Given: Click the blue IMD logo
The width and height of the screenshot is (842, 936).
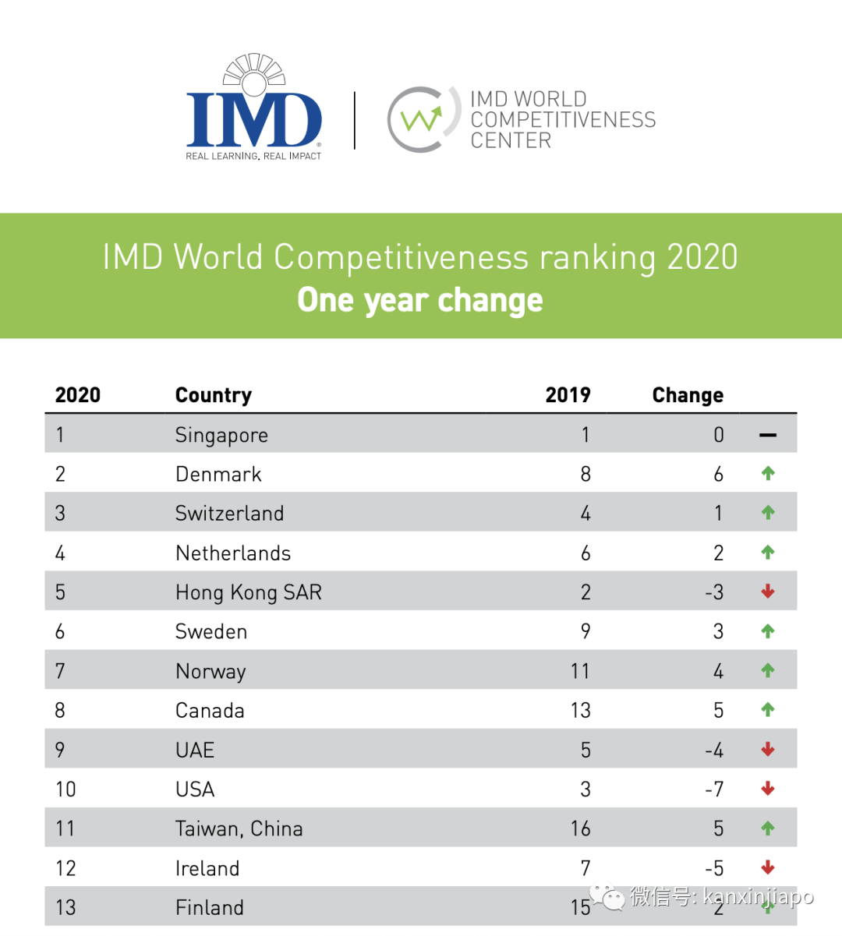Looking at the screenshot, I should point(254,109).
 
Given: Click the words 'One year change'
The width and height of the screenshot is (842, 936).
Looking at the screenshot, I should point(420,300).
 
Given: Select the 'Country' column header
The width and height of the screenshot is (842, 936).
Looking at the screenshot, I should point(214,395).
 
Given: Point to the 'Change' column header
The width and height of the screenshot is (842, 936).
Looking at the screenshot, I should point(688,395).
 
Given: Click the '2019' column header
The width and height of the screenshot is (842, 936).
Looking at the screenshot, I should point(568,395).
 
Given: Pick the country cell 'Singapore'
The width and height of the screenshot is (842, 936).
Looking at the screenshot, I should point(221,435).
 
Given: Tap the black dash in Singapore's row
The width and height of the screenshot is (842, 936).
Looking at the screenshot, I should point(768,435).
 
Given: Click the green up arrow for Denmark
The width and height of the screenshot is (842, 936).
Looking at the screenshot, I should point(768,473).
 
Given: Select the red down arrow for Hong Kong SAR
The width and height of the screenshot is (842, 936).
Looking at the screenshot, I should point(768,592).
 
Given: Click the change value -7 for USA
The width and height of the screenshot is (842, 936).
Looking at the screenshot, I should point(714,789).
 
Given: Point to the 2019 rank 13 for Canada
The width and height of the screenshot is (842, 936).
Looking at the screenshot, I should point(580,711).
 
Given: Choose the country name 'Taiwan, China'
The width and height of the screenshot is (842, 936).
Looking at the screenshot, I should point(239,828).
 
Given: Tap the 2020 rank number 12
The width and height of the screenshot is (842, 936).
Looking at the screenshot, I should point(65,868).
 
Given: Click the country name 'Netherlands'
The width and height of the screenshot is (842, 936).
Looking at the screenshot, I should point(233,553).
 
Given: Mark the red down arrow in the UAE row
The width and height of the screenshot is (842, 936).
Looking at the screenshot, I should point(768,750).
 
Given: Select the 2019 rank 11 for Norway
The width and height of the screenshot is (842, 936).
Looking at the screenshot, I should point(580,671).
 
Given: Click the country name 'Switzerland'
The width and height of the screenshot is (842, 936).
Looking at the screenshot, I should point(229,514).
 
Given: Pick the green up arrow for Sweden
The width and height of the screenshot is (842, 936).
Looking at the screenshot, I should point(768,631).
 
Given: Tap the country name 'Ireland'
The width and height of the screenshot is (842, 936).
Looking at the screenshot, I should point(207,868).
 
